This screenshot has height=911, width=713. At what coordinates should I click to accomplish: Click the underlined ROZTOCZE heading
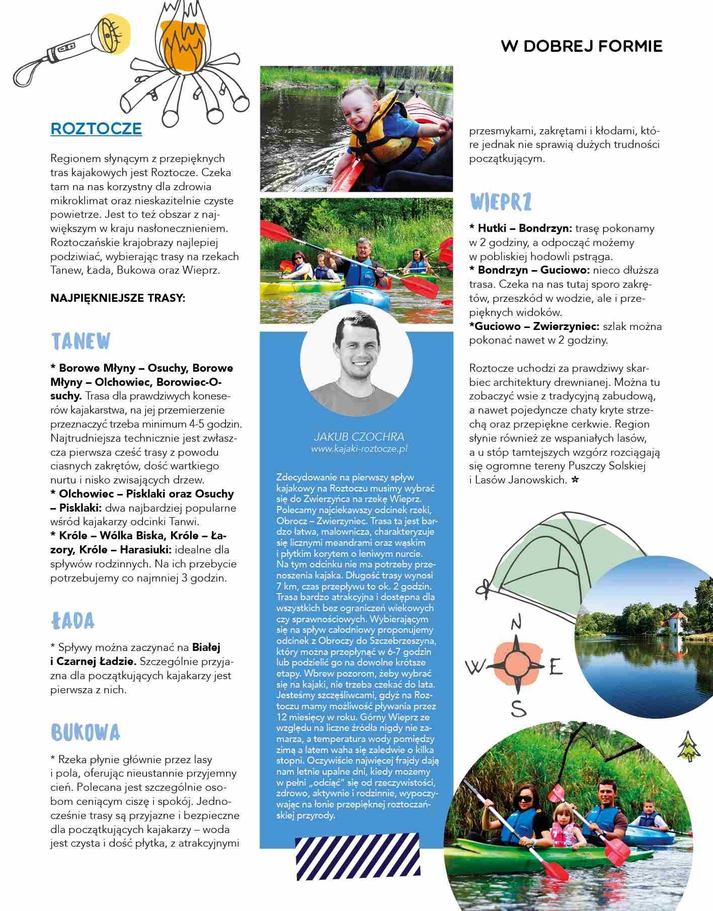point(96,128)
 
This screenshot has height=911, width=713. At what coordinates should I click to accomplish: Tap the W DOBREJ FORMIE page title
point(581,46)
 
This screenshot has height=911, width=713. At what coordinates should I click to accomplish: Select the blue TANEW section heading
point(81,342)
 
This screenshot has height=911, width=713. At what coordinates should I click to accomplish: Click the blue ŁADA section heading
point(72,621)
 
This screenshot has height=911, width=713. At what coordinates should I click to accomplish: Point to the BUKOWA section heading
point(86,733)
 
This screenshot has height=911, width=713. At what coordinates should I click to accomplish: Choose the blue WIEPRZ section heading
point(501,202)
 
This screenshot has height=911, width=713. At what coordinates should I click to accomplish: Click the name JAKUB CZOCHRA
point(359,437)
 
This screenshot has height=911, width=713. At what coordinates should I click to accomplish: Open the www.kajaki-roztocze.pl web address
point(359,449)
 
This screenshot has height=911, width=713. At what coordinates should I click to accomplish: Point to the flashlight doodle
point(70,48)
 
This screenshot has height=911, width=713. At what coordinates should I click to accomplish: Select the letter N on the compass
point(516,623)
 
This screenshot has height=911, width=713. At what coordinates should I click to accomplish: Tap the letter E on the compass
point(555,668)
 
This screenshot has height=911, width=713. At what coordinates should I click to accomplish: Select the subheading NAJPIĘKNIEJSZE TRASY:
point(118,298)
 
